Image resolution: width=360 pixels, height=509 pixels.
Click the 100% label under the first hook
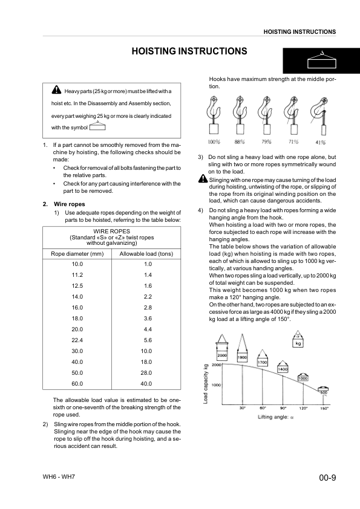tap(213, 143)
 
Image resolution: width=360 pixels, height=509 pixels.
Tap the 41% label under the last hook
tap(320, 143)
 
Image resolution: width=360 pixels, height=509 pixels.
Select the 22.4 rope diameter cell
tap(77, 340)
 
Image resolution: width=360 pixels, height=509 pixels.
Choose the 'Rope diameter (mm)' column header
tap(77, 254)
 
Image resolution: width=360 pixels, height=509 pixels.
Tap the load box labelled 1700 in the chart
tap(263, 362)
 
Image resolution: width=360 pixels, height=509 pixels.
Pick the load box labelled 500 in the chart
tap(324, 392)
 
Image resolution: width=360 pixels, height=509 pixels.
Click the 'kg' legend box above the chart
tap(298, 343)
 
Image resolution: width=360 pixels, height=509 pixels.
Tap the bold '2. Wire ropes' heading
tap(61, 203)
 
